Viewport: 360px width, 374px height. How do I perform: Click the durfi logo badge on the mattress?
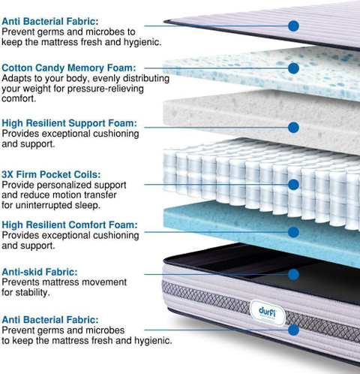point(268,313)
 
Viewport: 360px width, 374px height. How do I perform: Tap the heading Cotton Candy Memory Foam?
point(69,68)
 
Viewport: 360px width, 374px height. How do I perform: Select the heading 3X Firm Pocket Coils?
point(51,174)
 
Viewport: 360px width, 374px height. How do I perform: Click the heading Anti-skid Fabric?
point(40,272)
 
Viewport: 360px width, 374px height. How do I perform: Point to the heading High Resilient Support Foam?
point(70,123)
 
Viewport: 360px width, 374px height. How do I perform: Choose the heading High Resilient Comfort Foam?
point(70,225)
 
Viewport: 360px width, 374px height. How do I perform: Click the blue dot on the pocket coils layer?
point(293,185)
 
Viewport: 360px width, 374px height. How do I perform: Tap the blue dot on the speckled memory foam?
point(293,68)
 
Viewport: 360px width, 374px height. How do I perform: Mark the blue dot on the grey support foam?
point(293,128)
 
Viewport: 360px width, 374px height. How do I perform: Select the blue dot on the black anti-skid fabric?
point(293,274)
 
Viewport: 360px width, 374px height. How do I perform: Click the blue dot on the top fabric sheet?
point(293,26)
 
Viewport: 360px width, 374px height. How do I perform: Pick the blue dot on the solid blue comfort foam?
point(293,232)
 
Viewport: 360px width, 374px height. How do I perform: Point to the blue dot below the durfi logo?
point(293,330)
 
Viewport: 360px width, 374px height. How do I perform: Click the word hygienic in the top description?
point(142,42)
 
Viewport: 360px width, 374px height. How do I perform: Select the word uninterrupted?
point(44,205)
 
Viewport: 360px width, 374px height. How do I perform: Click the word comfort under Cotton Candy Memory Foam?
point(19,98)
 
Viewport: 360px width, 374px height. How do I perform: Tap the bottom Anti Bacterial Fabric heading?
point(50,320)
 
